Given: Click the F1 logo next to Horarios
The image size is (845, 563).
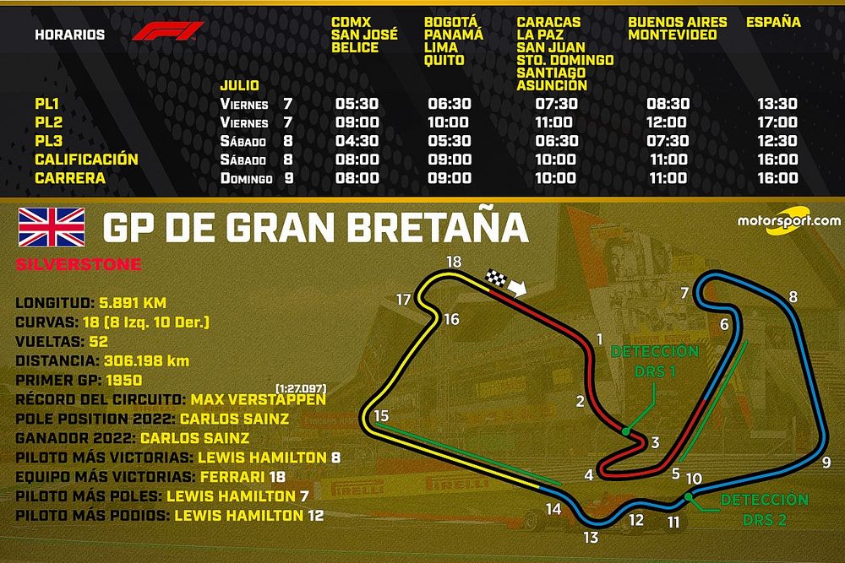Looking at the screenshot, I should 167,32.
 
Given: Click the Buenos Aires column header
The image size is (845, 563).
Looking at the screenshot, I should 673,22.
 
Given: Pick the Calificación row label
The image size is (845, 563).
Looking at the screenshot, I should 86,160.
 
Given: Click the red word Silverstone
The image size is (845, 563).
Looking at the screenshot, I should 79,265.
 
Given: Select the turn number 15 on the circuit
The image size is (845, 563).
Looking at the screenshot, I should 381,415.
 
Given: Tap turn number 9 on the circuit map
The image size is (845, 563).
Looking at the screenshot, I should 826,462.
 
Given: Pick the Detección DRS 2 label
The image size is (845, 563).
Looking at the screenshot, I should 764,510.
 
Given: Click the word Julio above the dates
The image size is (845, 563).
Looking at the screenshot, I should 239,86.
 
